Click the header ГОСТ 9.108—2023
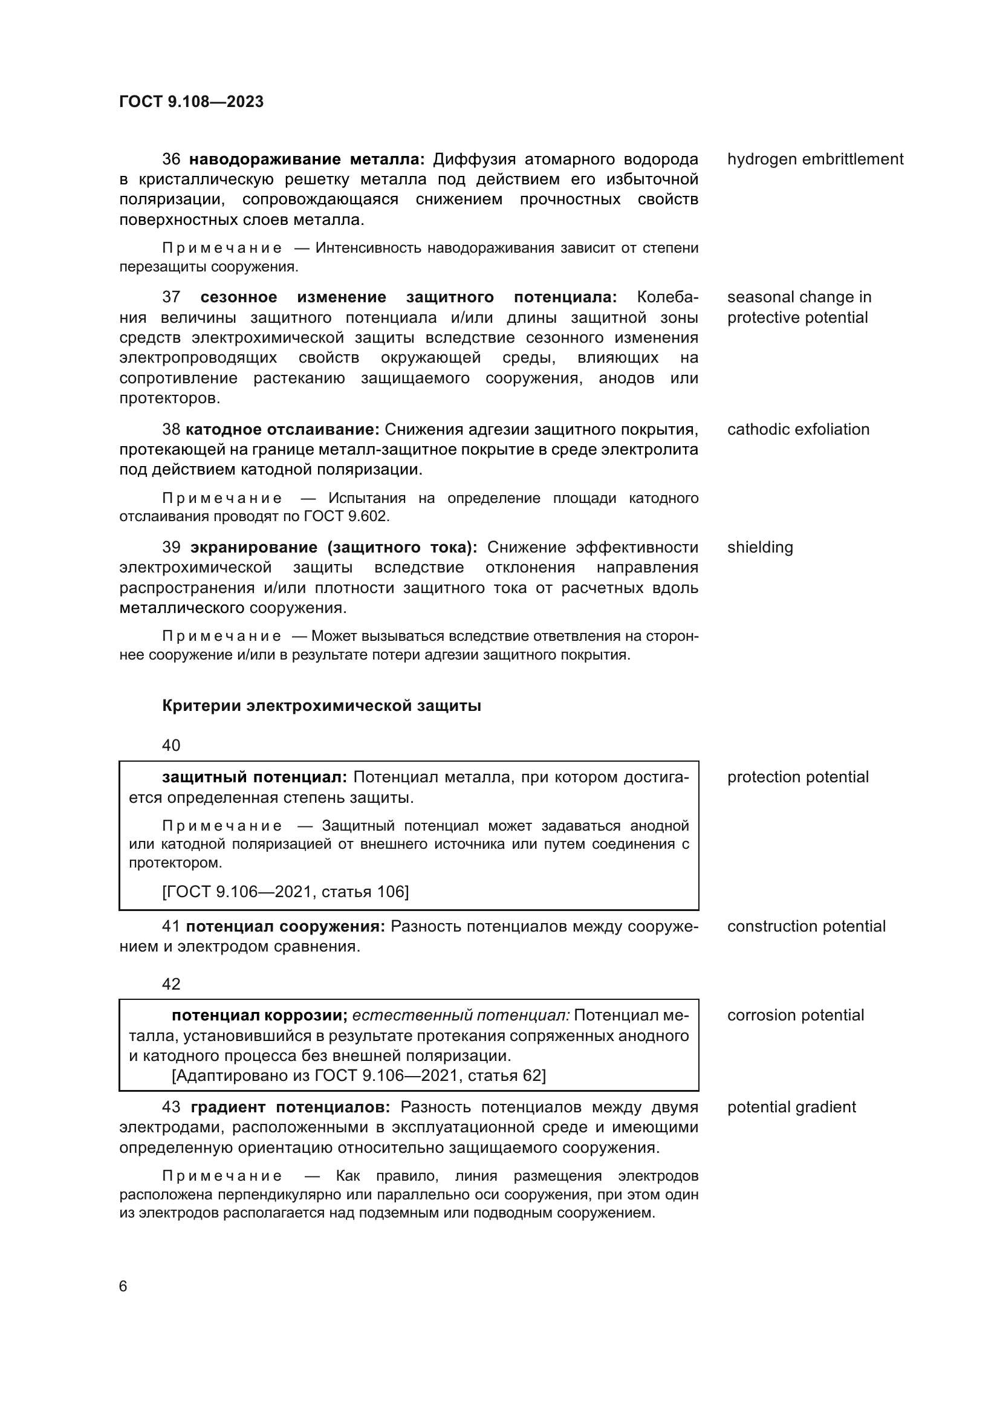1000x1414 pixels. (191, 102)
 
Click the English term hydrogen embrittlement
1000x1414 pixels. (814, 160)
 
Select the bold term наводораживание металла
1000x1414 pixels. (306, 160)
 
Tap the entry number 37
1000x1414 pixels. (171, 297)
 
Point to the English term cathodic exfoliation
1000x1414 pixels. (798, 429)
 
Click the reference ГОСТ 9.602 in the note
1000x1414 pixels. (346, 516)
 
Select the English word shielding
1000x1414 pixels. (760, 548)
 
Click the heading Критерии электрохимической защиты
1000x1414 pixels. (322, 705)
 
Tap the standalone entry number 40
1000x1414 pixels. (171, 746)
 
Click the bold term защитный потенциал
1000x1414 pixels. (255, 777)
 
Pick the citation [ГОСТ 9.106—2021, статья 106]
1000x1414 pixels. (285, 892)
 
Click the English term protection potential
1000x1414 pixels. (797, 777)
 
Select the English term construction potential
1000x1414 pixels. (806, 926)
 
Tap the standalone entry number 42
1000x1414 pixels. (171, 984)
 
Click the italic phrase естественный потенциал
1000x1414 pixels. (461, 1016)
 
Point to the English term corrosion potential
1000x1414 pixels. (795, 1016)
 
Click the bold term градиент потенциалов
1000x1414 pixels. (290, 1108)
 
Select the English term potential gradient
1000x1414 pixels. (791, 1108)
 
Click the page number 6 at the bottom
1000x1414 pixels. (123, 1286)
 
